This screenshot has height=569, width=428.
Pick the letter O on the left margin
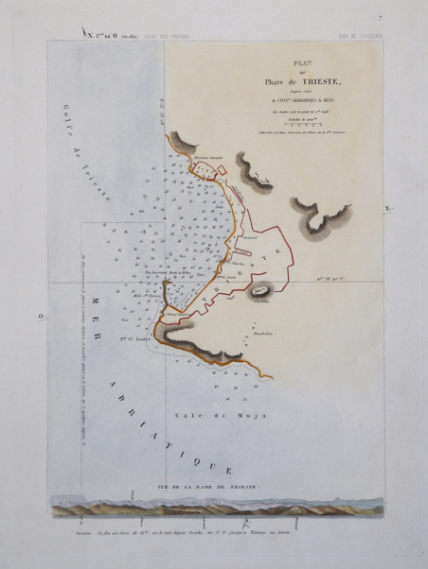click(39, 318)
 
